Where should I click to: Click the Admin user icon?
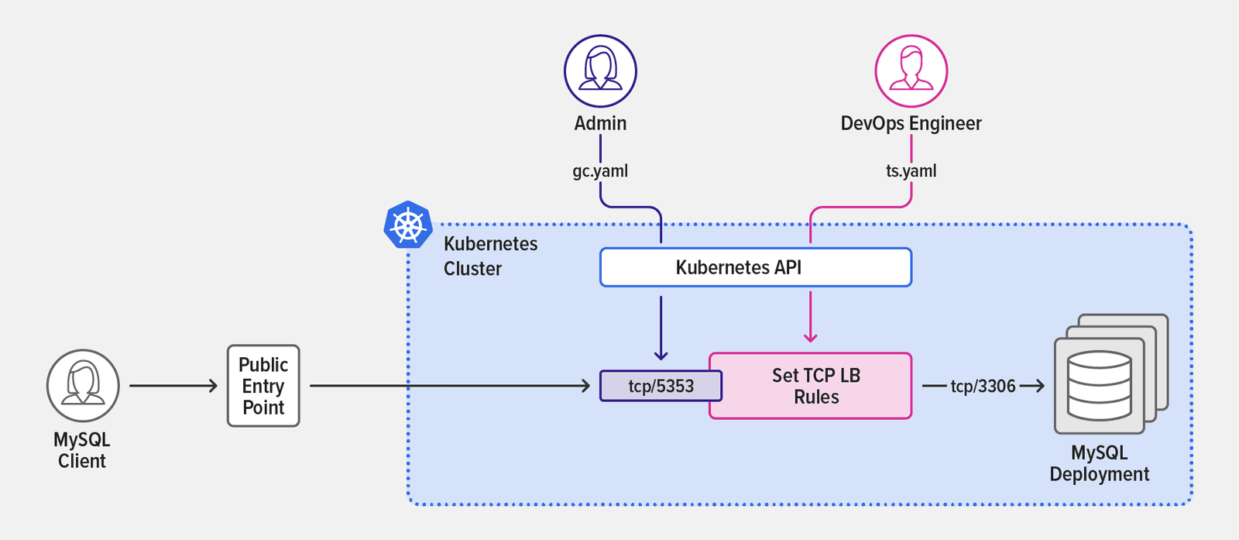click(600, 71)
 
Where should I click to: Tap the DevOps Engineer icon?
click(911, 71)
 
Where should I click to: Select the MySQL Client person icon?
click(83, 385)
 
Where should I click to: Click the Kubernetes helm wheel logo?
click(408, 225)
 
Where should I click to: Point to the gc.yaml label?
click(600, 170)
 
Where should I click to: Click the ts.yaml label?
click(911, 170)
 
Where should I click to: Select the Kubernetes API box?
click(755, 267)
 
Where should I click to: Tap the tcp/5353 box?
click(660, 386)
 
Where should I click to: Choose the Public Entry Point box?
click(263, 386)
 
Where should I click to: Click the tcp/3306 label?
click(983, 386)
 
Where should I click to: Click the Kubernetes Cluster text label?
click(489, 256)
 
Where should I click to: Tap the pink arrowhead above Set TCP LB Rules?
click(810, 337)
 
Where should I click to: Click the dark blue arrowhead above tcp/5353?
click(661, 355)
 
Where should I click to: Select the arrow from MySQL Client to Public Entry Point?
click(173, 385)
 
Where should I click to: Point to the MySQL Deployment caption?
click(1099, 463)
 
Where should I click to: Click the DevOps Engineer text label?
click(911, 123)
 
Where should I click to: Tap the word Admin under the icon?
click(600, 123)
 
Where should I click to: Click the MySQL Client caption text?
click(81, 450)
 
